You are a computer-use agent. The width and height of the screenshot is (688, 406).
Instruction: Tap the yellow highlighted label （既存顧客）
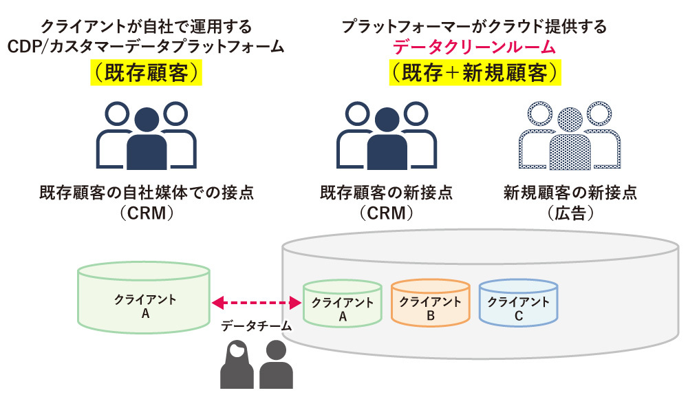pyautogui.click(x=147, y=73)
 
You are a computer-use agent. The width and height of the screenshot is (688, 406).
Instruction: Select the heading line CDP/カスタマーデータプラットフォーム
pyautogui.click(x=147, y=47)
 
